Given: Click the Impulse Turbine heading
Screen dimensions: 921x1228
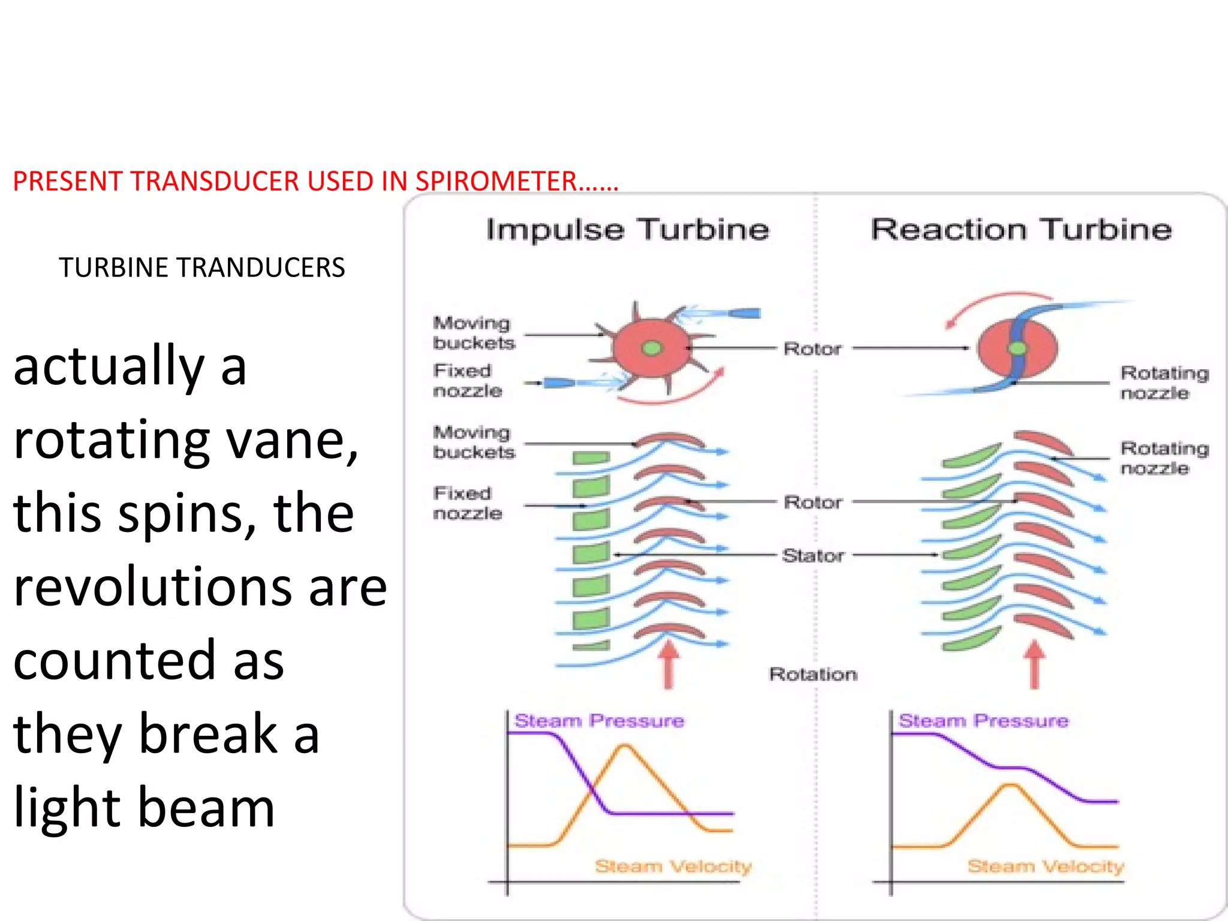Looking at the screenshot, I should [x=627, y=230].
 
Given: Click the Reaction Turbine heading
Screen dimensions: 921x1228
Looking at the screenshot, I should [x=1021, y=230].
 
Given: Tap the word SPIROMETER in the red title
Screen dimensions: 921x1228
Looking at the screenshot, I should [x=496, y=181].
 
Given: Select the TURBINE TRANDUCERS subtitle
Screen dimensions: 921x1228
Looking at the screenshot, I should [x=202, y=267].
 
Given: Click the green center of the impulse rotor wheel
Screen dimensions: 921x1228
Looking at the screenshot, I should [x=652, y=348].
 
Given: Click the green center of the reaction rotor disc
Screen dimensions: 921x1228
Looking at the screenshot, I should [x=1017, y=348].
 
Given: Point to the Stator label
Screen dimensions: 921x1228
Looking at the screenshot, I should [x=813, y=555].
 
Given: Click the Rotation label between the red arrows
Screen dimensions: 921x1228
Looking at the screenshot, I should [x=813, y=674].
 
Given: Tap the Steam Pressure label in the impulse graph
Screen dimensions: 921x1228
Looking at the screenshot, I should [x=599, y=720].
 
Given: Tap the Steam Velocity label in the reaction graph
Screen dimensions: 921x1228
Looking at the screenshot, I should [x=1045, y=866].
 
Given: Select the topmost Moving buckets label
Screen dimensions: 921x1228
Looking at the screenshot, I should [x=473, y=333].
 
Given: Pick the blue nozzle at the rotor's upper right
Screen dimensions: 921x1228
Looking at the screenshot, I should [x=744, y=313].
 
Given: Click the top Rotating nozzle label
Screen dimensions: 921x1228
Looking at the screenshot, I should [x=1164, y=383].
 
